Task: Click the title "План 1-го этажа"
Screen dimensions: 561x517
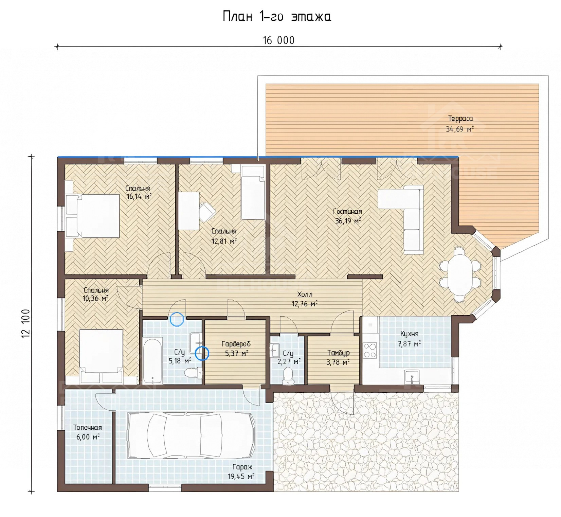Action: pyautogui.click(x=277, y=16)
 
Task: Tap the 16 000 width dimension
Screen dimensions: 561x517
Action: pyautogui.click(x=278, y=40)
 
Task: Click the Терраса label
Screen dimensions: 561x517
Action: pyautogui.click(x=460, y=119)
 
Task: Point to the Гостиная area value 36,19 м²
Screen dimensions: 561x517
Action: pyautogui.click(x=348, y=221)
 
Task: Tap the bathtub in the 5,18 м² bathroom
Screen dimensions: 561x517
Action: pyautogui.click(x=152, y=360)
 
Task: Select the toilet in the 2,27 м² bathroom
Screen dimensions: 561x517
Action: pyautogui.click(x=288, y=375)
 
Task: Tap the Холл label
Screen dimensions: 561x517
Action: pyautogui.click(x=304, y=294)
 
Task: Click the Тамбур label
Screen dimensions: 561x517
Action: pyautogui.click(x=338, y=353)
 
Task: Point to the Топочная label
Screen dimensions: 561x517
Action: pyautogui.click(x=88, y=428)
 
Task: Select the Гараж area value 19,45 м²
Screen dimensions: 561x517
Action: pyautogui.click(x=241, y=476)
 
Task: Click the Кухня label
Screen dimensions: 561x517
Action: pyautogui.click(x=409, y=334)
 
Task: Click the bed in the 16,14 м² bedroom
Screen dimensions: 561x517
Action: pyautogui.click(x=93, y=216)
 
